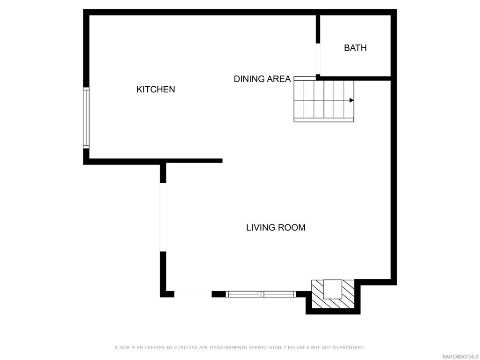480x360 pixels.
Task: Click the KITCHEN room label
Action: (x=156, y=90)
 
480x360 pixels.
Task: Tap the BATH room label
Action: (x=355, y=48)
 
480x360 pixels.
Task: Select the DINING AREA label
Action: (x=262, y=79)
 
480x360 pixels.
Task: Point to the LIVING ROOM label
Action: (x=276, y=227)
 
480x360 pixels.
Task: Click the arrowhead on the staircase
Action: (x=352, y=100)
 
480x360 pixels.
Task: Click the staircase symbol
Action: (x=323, y=99)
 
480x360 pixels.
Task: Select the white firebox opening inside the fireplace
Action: (x=333, y=289)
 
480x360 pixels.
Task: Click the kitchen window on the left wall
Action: (x=86, y=118)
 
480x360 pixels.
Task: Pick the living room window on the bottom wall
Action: (x=261, y=294)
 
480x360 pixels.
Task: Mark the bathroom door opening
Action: (x=318, y=59)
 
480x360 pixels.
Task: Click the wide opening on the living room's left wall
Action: (x=163, y=217)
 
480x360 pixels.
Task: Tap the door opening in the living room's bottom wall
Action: (x=193, y=294)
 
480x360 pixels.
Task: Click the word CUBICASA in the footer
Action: (x=186, y=347)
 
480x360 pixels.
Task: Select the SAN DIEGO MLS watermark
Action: (x=460, y=357)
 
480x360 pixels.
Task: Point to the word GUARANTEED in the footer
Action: (x=349, y=347)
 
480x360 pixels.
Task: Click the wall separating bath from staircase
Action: (x=354, y=78)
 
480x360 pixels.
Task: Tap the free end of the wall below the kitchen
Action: (x=222, y=161)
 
